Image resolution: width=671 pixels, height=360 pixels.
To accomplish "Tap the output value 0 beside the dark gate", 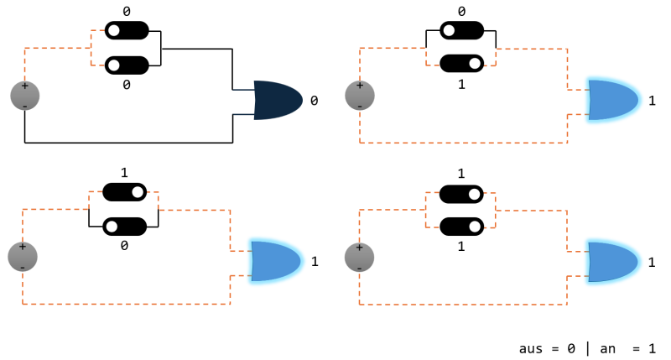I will click(x=315, y=101).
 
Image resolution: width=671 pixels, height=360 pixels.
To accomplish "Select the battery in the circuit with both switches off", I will click(x=24, y=96).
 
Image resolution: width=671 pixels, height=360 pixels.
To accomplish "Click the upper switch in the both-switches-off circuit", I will click(x=126, y=31).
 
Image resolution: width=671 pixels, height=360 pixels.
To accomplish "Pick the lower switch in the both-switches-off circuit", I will click(x=126, y=65).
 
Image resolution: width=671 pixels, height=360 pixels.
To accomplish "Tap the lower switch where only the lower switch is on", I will click(x=461, y=63).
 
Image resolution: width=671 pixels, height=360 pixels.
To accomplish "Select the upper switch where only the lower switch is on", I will click(x=461, y=31).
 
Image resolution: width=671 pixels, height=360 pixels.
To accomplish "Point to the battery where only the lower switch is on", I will click(x=360, y=96).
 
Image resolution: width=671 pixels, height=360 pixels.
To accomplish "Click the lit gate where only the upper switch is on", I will click(x=276, y=261).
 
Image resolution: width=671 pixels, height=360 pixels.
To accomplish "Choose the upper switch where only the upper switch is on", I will click(x=124, y=192).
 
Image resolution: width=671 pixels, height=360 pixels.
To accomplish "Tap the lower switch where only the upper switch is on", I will click(x=124, y=226).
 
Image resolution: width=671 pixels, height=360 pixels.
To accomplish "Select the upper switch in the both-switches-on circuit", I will click(x=461, y=194).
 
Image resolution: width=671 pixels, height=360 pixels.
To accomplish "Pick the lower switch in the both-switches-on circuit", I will click(x=461, y=227).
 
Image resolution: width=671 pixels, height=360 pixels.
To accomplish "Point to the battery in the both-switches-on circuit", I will click(x=360, y=256).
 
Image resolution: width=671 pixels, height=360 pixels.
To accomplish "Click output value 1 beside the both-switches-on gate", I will click(x=652, y=262).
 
